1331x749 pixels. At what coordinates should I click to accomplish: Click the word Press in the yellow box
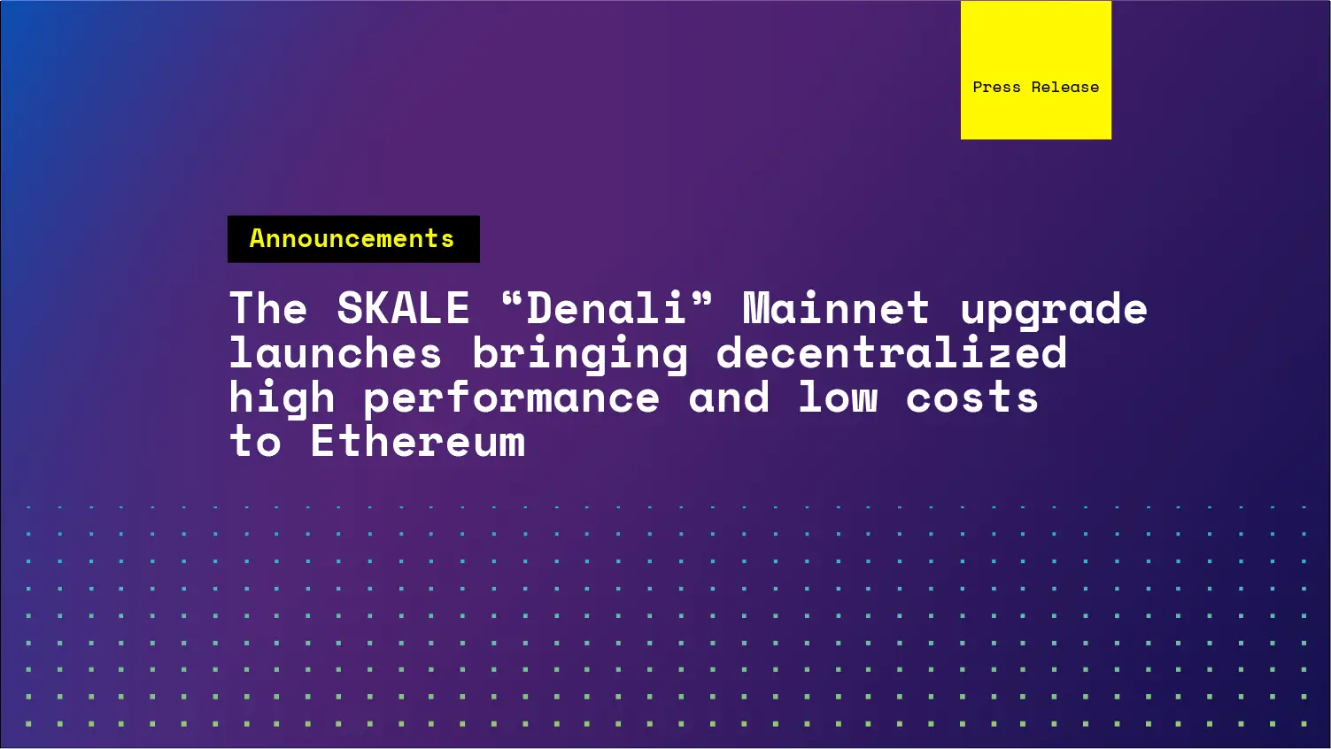[996, 88]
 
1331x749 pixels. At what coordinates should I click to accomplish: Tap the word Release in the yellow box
[1064, 88]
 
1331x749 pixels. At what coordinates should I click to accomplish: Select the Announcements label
[352, 239]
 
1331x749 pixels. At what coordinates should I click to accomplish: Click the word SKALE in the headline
[403, 309]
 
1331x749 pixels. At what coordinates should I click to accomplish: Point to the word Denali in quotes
[607, 309]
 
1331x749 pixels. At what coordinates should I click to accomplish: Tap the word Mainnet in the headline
[836, 309]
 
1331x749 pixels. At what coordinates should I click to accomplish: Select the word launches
[335, 353]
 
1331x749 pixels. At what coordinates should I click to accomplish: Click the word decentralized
[891, 353]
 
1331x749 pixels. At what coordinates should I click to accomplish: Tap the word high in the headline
[282, 398]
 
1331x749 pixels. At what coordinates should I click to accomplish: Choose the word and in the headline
[729, 398]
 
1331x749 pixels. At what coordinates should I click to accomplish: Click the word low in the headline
[838, 398]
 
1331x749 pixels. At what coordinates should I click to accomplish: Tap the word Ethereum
[417, 441]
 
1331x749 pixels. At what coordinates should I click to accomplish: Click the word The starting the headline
[268, 309]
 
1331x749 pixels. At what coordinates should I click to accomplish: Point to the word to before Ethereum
[255, 442]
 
